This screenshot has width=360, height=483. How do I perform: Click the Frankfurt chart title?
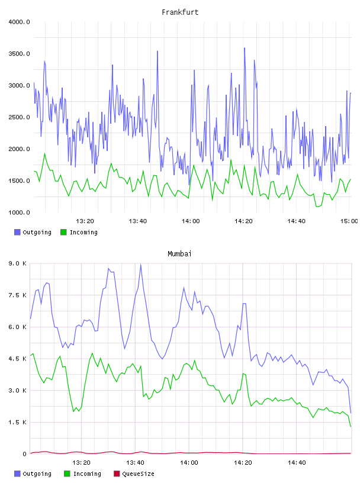tap(180, 12)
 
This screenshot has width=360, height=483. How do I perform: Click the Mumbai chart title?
tap(179, 254)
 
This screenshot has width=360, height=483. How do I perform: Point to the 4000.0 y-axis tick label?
tap(19, 22)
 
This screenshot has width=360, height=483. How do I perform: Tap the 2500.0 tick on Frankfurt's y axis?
tap(19, 117)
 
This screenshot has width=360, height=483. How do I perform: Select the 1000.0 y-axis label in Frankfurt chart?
tap(19, 212)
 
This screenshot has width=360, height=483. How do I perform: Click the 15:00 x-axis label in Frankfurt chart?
tap(349, 221)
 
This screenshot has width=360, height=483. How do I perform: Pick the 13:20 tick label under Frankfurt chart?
tap(85, 221)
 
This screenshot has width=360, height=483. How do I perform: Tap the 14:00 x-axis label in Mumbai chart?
tap(189, 463)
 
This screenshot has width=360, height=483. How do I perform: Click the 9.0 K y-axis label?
tap(18, 263)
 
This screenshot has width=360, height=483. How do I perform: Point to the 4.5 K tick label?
tap(18, 359)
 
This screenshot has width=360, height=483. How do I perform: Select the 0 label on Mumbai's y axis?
tap(25, 454)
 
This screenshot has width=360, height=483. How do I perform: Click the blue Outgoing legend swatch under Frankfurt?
tap(17, 232)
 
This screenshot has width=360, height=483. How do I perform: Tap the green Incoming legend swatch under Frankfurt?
tap(63, 232)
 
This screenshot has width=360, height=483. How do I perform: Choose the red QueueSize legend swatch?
tap(117, 474)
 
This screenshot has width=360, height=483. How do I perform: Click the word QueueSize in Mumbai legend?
tap(138, 474)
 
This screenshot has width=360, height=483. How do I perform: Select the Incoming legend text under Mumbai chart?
tap(87, 474)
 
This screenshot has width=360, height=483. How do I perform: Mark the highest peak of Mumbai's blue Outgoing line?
tap(141, 265)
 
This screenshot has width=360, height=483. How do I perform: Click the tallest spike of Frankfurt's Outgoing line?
tap(245, 49)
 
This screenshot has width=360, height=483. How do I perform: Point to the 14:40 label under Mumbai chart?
tap(297, 463)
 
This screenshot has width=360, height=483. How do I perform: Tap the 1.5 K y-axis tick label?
tap(18, 422)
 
